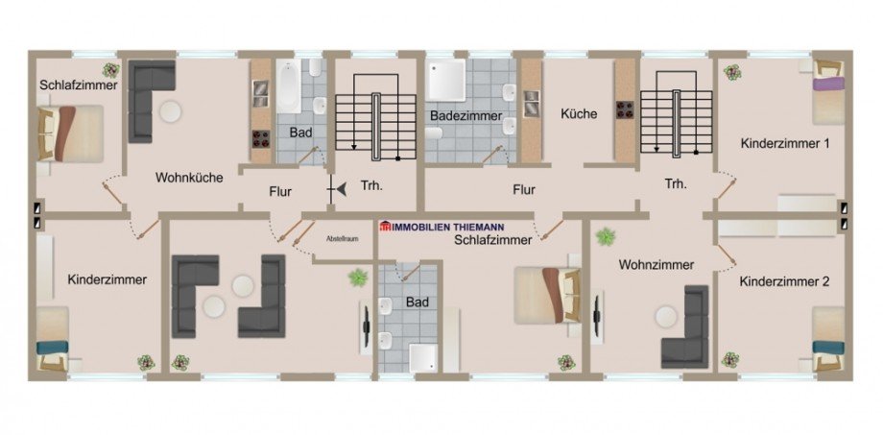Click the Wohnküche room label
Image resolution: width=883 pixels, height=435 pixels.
pyautogui.click(x=189, y=178)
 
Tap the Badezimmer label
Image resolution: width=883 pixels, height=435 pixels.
pyautogui.click(x=465, y=115)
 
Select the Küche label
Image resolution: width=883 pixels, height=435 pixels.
pyautogui.click(x=579, y=113)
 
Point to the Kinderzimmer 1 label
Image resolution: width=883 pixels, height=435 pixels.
pyautogui.click(x=785, y=143)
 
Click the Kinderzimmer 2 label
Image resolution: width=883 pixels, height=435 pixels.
pyautogui.click(x=785, y=282)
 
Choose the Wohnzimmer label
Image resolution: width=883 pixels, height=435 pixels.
pyautogui.click(x=656, y=264)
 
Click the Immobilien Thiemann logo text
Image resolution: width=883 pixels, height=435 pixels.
pyautogui.click(x=442, y=226)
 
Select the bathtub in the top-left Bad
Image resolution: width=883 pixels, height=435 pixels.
pyautogui.click(x=288, y=86)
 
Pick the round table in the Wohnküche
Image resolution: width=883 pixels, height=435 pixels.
pyautogui.click(x=171, y=111)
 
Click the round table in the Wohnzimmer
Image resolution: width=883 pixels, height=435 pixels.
pyautogui.click(x=666, y=316)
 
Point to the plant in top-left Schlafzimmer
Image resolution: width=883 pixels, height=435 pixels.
pyautogui.click(x=112, y=70)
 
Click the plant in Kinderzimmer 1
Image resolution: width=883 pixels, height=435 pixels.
pyautogui.click(x=732, y=72)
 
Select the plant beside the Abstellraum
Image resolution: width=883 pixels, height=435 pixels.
pyautogui.click(x=358, y=278)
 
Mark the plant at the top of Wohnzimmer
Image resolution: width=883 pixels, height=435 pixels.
pyautogui.click(x=605, y=236)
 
